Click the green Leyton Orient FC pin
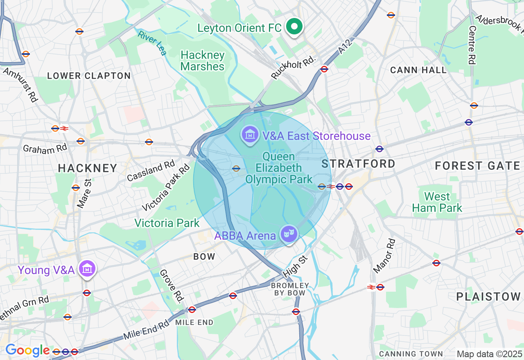(294, 27)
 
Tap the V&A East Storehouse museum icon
(249, 135)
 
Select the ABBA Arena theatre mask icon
(289, 234)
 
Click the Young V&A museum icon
(88, 269)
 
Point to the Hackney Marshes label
(203, 61)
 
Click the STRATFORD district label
(358, 164)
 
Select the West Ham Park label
(437, 202)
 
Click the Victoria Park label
(167, 223)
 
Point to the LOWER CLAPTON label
(89, 76)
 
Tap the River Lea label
(152, 43)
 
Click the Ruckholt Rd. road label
(294, 67)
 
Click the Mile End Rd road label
(146, 331)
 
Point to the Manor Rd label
(384, 256)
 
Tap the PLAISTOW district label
(488, 297)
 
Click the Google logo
(27, 351)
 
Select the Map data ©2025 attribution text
(489, 354)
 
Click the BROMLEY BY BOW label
(290, 289)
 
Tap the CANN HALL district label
(418, 70)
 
